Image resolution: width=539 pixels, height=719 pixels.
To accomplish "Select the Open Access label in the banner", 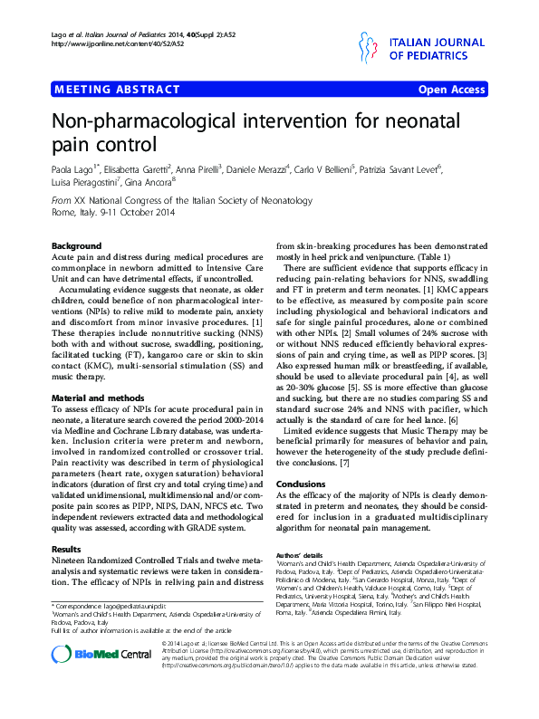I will point(451,90).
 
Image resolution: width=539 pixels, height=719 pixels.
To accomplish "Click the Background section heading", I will point(76,246).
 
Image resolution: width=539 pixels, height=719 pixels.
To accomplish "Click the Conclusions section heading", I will point(300,484).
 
